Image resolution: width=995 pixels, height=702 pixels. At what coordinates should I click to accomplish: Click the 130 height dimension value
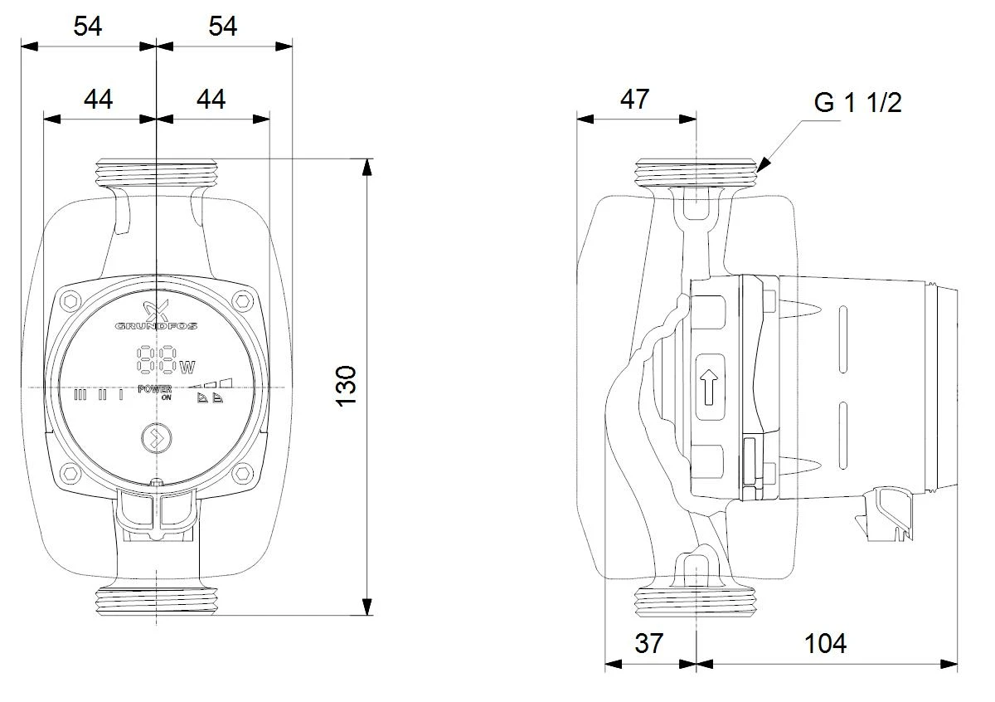pyautogui.click(x=346, y=387)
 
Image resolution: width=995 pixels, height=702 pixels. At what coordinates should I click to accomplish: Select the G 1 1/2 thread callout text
pyautogui.click(x=857, y=103)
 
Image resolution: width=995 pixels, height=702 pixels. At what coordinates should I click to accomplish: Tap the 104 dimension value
pyautogui.click(x=825, y=643)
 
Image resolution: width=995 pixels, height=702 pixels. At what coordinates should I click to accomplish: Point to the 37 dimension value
pyautogui.click(x=649, y=643)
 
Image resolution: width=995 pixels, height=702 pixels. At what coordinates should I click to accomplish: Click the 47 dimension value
pyautogui.click(x=635, y=99)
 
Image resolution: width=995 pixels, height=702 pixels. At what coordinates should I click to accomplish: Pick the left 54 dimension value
pyautogui.click(x=88, y=27)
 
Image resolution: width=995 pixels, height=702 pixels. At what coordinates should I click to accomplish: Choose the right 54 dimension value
pyautogui.click(x=223, y=27)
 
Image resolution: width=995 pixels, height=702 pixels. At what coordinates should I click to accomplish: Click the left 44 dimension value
pyautogui.click(x=98, y=99)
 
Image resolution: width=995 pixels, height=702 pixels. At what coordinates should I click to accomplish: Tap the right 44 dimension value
pyautogui.click(x=211, y=99)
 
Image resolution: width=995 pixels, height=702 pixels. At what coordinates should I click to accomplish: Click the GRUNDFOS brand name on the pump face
pyautogui.click(x=156, y=326)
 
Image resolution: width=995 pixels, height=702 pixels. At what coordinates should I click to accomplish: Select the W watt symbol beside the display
pyautogui.click(x=187, y=368)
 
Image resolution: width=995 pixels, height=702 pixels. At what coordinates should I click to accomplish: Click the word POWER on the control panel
pyautogui.click(x=154, y=389)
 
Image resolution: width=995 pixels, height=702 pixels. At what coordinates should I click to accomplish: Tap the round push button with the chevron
pyautogui.click(x=156, y=438)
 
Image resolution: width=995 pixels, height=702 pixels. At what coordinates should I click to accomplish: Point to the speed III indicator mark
pyautogui.click(x=80, y=395)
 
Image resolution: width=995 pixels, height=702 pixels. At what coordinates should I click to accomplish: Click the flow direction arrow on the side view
pyautogui.click(x=709, y=388)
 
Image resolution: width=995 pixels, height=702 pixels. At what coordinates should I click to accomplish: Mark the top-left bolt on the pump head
pyautogui.click(x=70, y=301)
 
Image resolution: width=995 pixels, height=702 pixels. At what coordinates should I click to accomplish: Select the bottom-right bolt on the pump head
pyautogui.click(x=242, y=473)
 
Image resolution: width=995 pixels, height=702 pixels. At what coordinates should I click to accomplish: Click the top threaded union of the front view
pyautogui.click(x=157, y=173)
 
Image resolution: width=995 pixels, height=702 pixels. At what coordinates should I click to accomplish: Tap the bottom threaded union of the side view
pyautogui.click(x=696, y=602)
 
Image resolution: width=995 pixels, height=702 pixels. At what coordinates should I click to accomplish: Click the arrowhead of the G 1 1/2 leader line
pyautogui.click(x=762, y=165)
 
